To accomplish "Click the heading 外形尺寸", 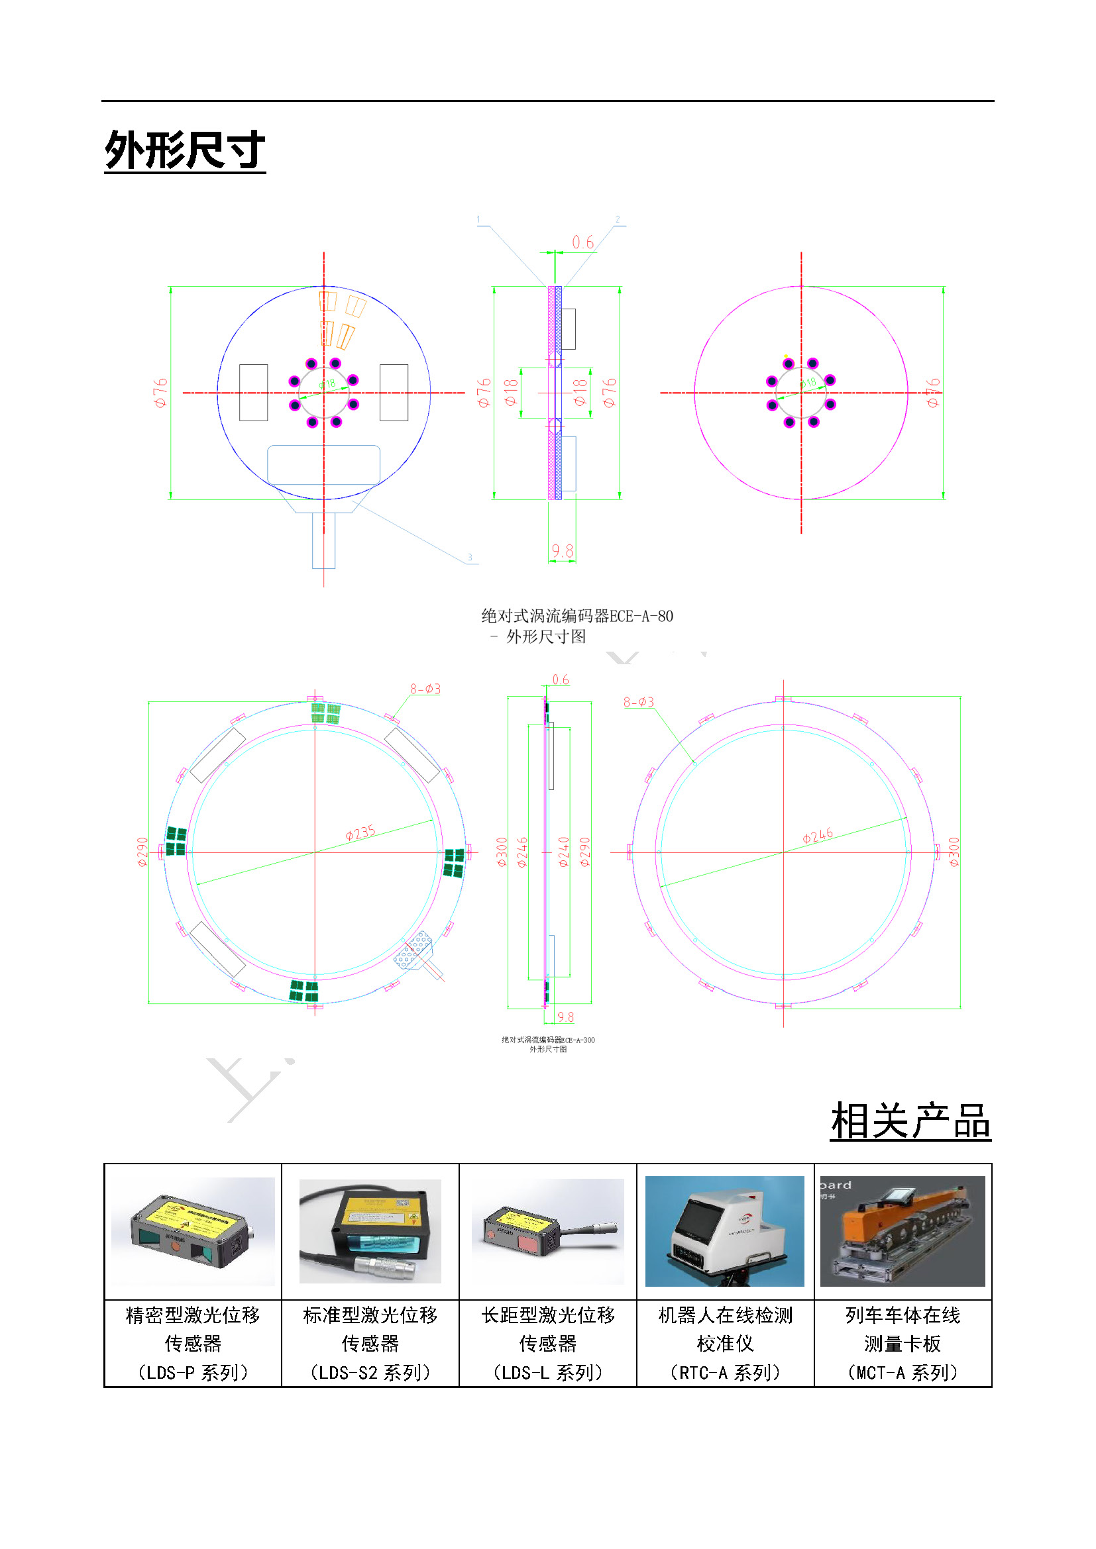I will pyautogui.click(x=184, y=150).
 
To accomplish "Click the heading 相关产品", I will pyautogui.click(x=910, y=1121).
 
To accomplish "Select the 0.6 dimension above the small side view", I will pyautogui.click(x=582, y=242).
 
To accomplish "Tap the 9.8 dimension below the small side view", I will pyautogui.click(x=562, y=551).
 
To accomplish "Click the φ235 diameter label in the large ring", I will pyautogui.click(x=360, y=832).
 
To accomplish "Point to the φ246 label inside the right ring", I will pyautogui.click(x=817, y=836).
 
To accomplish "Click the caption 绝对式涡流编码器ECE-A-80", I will pyautogui.click(x=576, y=616).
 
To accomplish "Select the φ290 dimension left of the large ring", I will pyautogui.click(x=142, y=852).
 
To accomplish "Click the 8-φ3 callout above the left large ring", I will pyautogui.click(x=425, y=689).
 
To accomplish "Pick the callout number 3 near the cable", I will pyautogui.click(x=470, y=557).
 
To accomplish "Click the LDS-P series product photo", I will pyautogui.click(x=193, y=1230).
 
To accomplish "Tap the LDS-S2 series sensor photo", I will pyautogui.click(x=370, y=1230).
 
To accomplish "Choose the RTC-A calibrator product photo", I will pyautogui.click(x=724, y=1230).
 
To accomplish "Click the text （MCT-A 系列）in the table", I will pyautogui.click(x=903, y=1372).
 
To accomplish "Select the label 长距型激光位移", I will pyautogui.click(x=547, y=1315).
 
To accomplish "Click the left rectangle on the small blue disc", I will pyautogui.click(x=253, y=393).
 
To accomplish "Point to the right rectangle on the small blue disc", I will pyautogui.click(x=394, y=393).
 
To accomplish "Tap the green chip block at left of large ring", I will pyautogui.click(x=176, y=840).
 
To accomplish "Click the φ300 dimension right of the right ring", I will pyautogui.click(x=954, y=852).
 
